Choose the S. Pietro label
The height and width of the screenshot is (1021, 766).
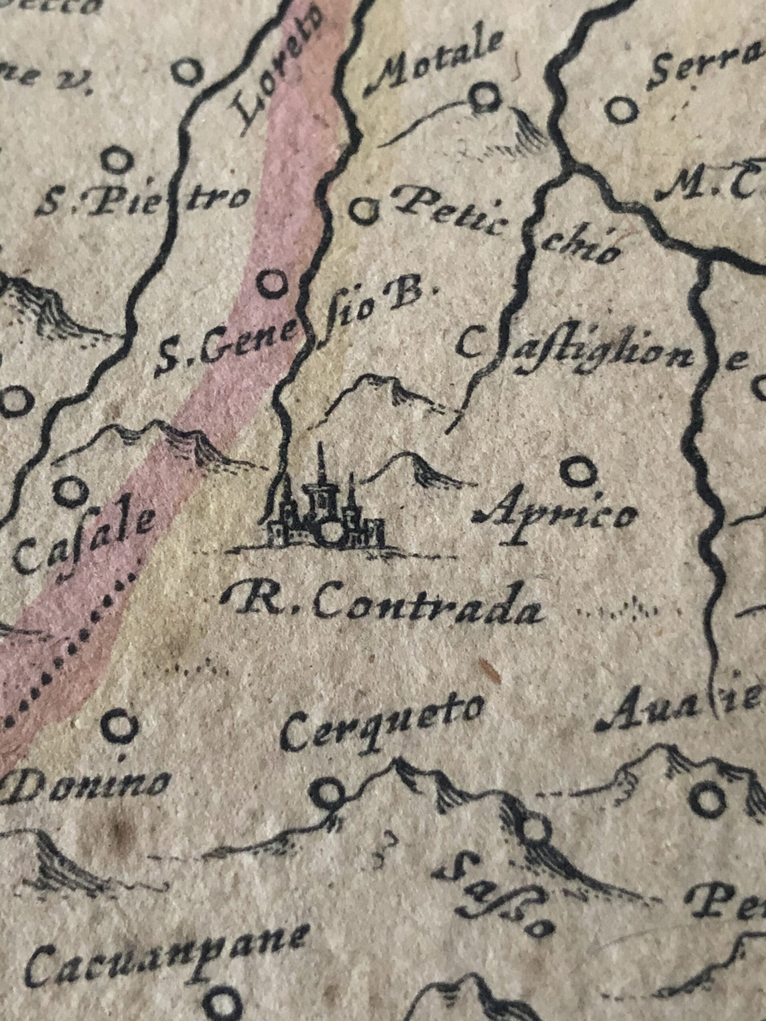(x=143, y=203)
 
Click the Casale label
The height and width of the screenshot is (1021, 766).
(x=83, y=542)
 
